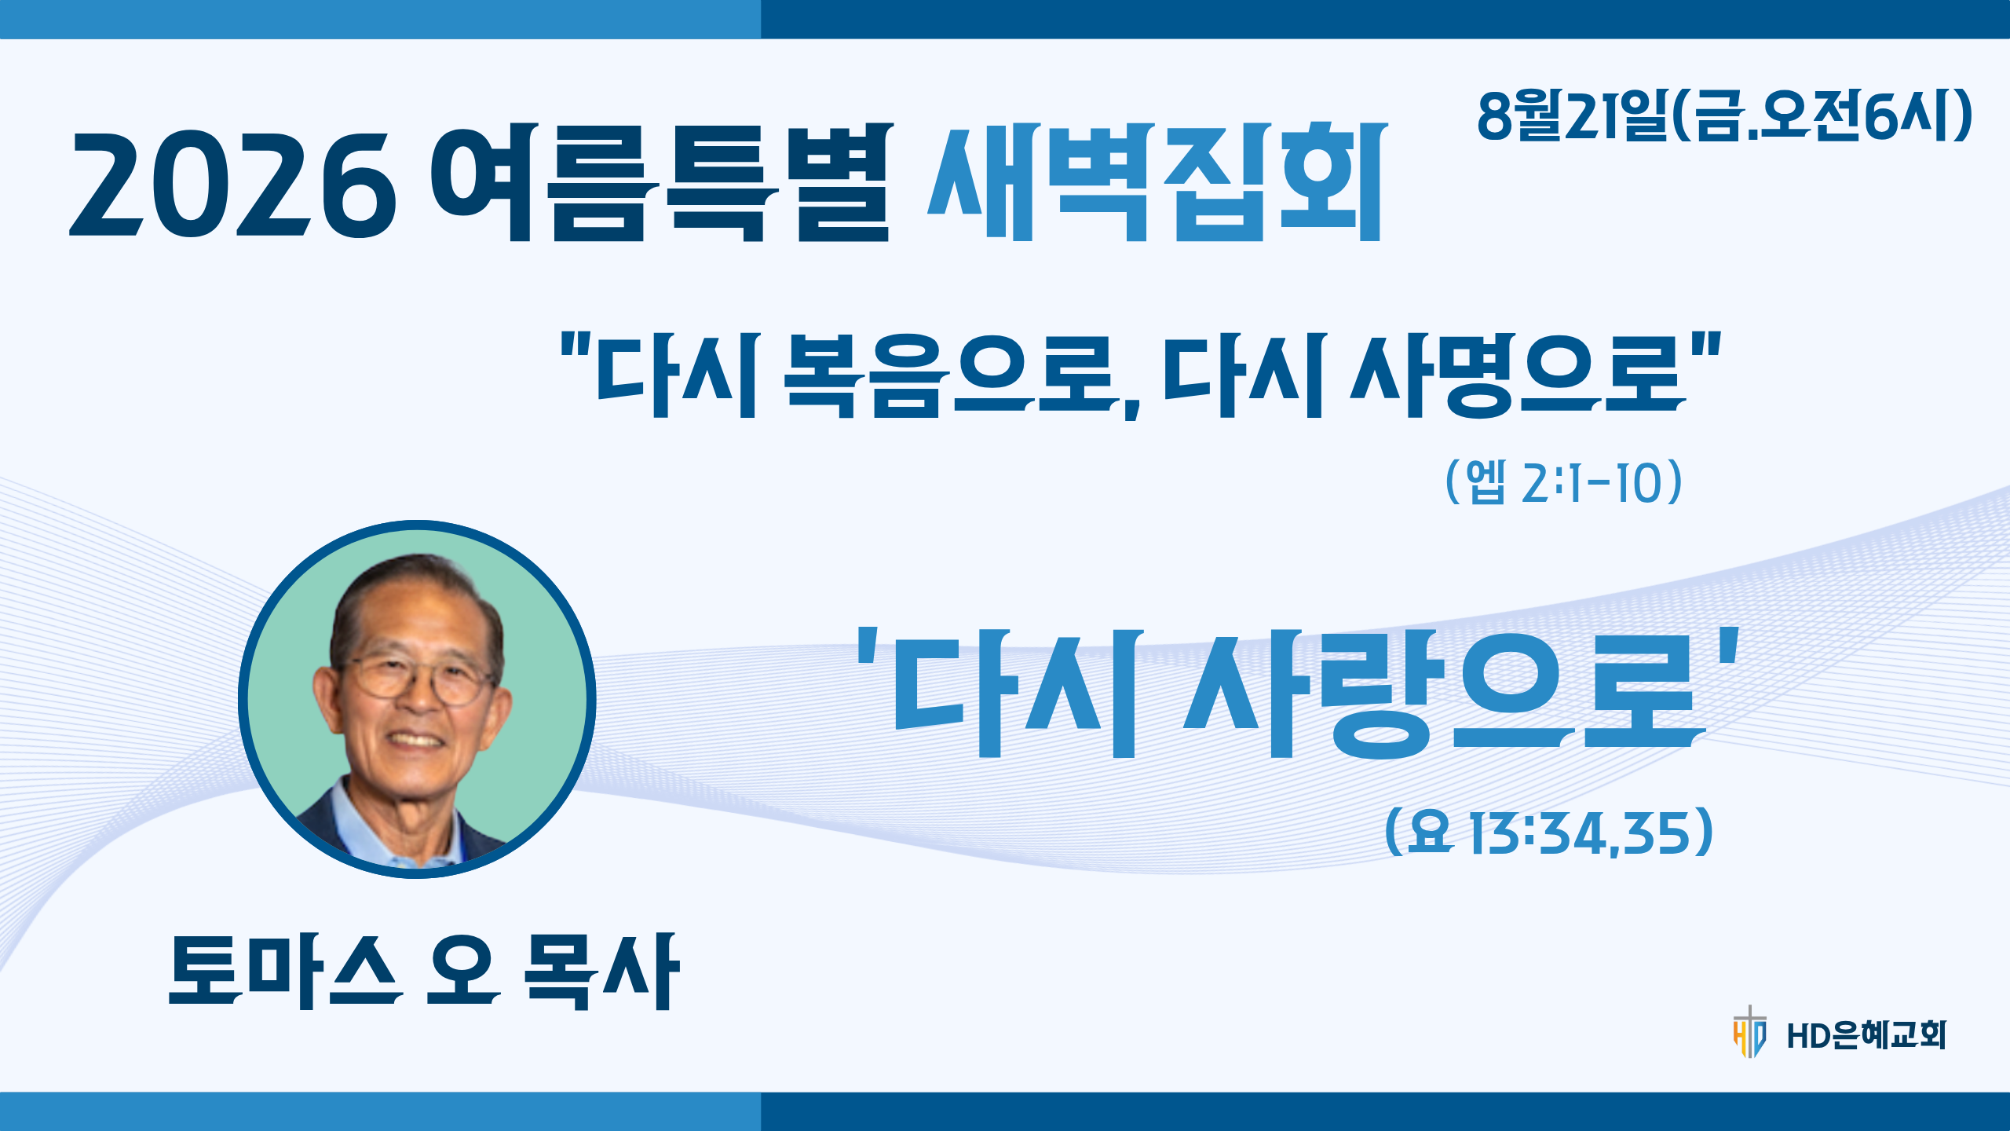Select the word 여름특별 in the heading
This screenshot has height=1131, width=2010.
pyautogui.click(x=662, y=181)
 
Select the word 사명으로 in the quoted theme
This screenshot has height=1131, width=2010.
pyautogui.click(x=1518, y=375)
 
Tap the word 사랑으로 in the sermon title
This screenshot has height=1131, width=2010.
pyautogui.click(x=1445, y=693)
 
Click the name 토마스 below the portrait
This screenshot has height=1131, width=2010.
pyautogui.click(x=284, y=971)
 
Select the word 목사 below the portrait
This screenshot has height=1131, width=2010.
pyautogui.click(x=601, y=971)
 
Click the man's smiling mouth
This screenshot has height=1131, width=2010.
pyautogui.click(x=415, y=740)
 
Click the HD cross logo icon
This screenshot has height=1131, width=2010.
pyautogui.click(x=1749, y=1031)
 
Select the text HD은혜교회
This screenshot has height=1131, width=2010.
pyautogui.click(x=1866, y=1035)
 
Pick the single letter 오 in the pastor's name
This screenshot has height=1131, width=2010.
pyautogui.click(x=463, y=971)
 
